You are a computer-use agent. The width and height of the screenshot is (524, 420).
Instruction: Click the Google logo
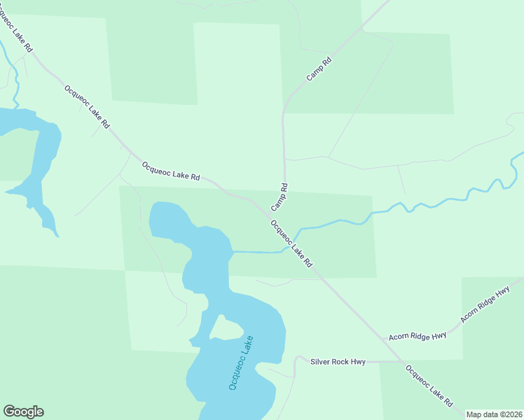(23, 412)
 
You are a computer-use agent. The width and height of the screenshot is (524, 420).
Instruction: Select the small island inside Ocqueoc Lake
(224, 327)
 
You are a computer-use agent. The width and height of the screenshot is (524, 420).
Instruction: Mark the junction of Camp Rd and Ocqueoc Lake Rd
(270, 211)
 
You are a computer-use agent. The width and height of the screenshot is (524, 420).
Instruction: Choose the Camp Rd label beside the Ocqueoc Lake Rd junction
(280, 197)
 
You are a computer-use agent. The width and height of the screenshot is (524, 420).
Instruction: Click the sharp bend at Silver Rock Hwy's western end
(297, 358)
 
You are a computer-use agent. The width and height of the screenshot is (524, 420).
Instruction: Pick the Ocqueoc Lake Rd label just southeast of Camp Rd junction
(291, 244)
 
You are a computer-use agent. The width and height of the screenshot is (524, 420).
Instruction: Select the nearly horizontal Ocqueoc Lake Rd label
(171, 172)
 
